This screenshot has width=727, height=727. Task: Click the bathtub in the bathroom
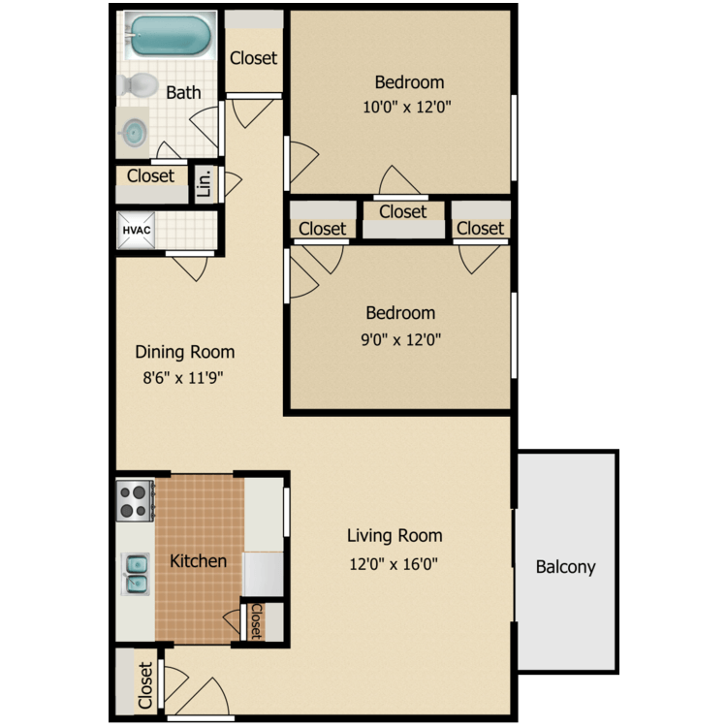[170, 36]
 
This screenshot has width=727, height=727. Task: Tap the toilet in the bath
[137, 85]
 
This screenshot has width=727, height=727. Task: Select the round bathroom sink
[135, 131]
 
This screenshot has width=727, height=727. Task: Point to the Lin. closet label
[205, 183]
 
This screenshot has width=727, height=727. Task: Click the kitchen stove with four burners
[136, 500]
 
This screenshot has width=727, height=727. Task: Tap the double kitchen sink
[136, 574]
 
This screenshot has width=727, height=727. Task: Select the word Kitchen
[198, 560]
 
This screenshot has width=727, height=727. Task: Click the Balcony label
[565, 567]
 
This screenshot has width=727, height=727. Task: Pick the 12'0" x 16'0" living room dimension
[394, 562]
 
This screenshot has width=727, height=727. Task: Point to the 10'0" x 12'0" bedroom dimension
[409, 108]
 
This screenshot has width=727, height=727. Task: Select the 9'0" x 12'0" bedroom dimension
[399, 339]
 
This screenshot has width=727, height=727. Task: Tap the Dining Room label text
[184, 352]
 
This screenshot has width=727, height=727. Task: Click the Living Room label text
[394, 535]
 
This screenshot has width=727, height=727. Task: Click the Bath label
[183, 93]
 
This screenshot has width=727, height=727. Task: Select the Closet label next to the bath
[150, 175]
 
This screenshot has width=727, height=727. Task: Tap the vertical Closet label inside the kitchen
[256, 621]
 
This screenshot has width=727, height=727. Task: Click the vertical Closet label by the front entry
[145, 684]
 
